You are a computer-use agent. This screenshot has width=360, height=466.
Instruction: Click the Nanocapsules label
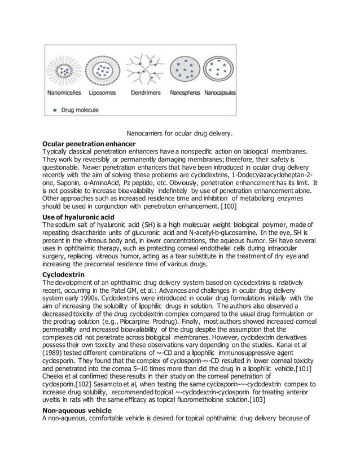pyautogui.click(x=220, y=92)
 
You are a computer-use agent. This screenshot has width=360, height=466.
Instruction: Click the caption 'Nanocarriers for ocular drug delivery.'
pyautogui.click(x=179, y=134)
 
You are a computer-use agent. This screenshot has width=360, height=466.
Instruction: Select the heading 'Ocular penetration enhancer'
pyautogui.click(x=89, y=144)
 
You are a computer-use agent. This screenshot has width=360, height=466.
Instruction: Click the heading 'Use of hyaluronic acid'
pyautogui.click(x=78, y=217)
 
